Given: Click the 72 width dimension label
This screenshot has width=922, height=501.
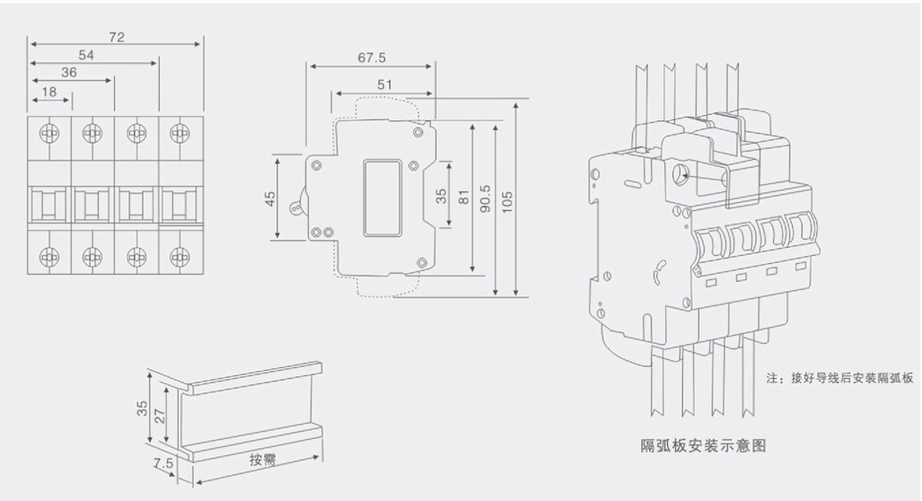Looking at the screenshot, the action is (117, 37).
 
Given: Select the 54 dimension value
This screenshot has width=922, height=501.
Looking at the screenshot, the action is (86, 56).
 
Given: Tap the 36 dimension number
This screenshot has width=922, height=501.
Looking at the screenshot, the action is (69, 73).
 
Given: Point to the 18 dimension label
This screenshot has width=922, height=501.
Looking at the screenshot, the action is (49, 92).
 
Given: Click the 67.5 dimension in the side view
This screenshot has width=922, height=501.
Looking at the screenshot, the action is (372, 57).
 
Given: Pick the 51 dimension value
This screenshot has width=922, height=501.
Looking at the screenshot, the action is (384, 84).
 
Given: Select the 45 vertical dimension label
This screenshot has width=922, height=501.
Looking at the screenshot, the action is (270, 198).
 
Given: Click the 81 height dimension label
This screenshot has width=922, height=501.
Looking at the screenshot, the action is (463, 197).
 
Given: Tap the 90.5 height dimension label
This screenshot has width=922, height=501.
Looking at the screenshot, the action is (485, 198).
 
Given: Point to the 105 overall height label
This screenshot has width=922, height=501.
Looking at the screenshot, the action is (507, 202).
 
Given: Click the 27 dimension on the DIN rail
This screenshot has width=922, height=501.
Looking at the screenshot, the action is (160, 417).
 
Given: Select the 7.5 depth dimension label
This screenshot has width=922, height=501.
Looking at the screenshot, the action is (163, 463).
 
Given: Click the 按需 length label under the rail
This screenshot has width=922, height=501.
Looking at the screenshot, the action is (262, 460).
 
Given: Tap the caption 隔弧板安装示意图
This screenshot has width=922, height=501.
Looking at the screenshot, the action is (703, 445).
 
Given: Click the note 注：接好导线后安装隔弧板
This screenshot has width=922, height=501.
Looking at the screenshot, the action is (839, 378).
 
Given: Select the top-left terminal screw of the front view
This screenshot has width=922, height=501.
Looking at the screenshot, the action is (49, 133).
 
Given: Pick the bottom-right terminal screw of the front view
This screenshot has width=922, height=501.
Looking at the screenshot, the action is (180, 257).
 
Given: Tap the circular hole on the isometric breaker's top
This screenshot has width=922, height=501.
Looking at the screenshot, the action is (681, 175).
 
